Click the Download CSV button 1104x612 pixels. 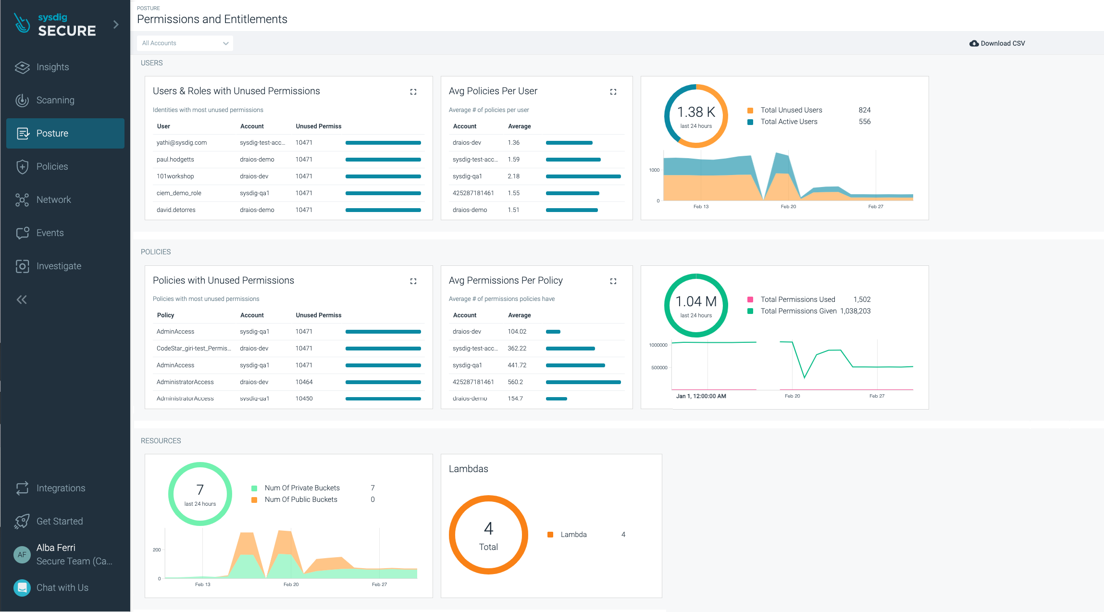click(997, 43)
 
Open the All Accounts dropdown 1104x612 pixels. click(185, 43)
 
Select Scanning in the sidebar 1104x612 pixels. click(55, 100)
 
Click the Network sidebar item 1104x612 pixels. click(53, 200)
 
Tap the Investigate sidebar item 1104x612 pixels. click(59, 266)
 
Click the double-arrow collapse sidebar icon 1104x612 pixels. click(22, 300)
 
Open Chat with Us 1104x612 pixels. click(62, 587)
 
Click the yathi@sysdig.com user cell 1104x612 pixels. click(182, 143)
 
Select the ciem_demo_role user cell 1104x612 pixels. click(179, 193)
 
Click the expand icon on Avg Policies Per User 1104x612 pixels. click(613, 92)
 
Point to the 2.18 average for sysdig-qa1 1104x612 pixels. click(513, 176)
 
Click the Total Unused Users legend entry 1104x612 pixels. click(791, 110)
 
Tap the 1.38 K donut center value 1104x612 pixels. click(696, 112)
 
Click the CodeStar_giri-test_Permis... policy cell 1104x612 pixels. click(194, 349)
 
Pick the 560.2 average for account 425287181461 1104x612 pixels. click(515, 382)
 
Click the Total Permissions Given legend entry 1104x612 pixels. click(798, 311)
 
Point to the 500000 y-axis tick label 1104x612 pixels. click(659, 368)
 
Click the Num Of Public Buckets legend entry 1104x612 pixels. click(301, 500)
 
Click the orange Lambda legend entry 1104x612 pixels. click(573, 535)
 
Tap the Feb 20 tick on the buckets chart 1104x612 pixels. click(291, 585)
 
